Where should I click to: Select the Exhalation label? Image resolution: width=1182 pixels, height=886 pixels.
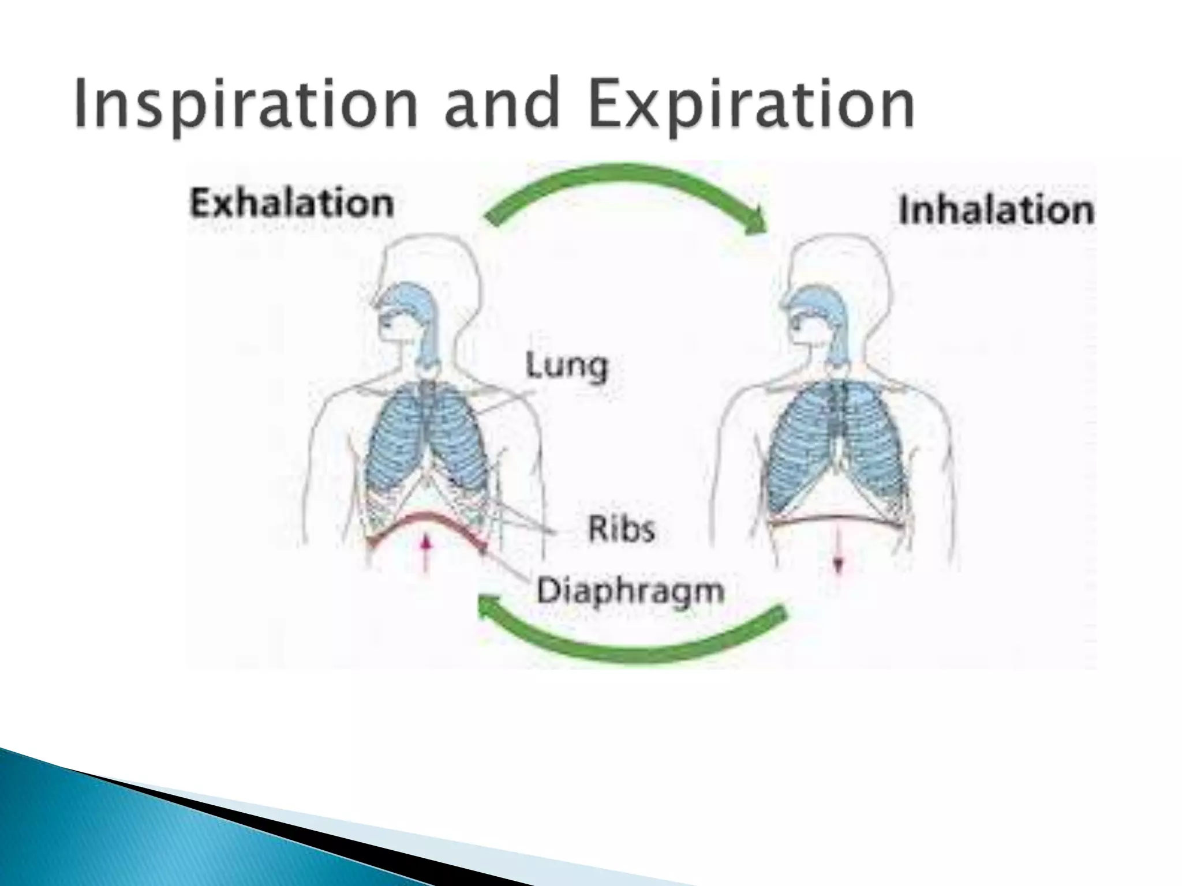[292, 204]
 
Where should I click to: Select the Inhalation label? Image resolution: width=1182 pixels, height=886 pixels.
[996, 210]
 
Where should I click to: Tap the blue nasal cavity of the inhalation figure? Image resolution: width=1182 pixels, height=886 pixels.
[814, 306]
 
